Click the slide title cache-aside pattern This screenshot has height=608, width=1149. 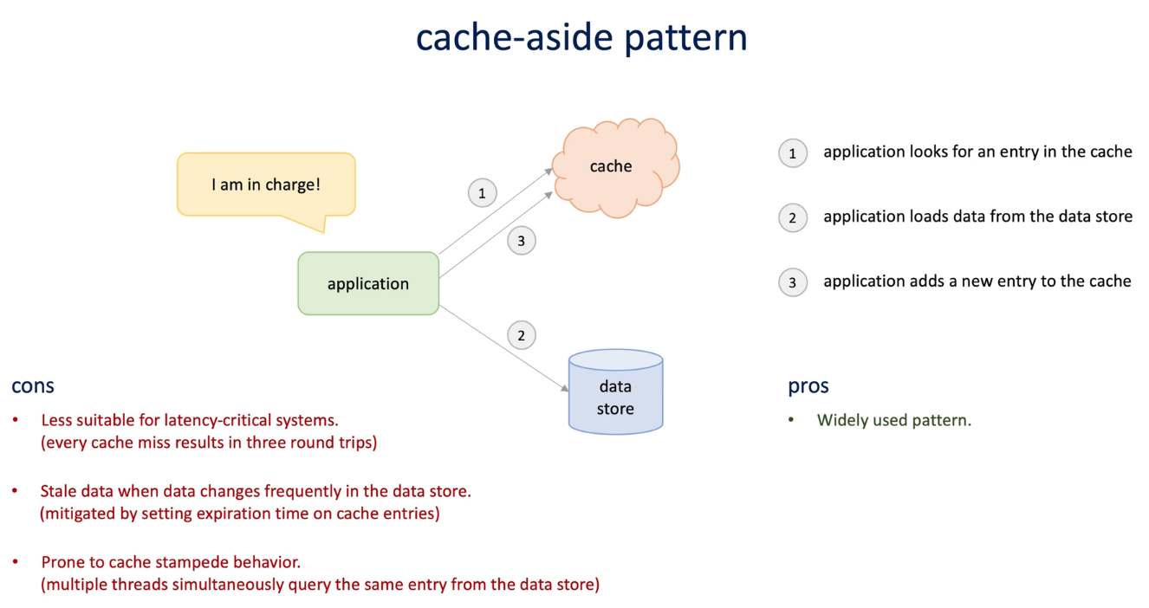[581, 37]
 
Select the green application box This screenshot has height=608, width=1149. [368, 283]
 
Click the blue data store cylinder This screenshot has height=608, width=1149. [615, 394]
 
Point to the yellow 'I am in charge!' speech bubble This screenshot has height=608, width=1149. [266, 184]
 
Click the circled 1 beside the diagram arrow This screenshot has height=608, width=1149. [483, 193]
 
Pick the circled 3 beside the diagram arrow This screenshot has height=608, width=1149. [521, 241]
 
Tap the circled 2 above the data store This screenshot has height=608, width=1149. [521, 335]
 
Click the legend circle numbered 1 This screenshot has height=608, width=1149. [792, 153]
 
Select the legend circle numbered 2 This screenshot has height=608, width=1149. [792, 218]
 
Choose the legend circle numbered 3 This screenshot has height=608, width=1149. [792, 282]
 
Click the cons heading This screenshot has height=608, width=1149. [33, 386]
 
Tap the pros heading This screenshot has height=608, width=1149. [808, 386]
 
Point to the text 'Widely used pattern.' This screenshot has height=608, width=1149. [893, 421]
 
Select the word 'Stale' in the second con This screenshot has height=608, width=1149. [59, 491]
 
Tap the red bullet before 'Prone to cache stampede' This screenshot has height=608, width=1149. [16, 563]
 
